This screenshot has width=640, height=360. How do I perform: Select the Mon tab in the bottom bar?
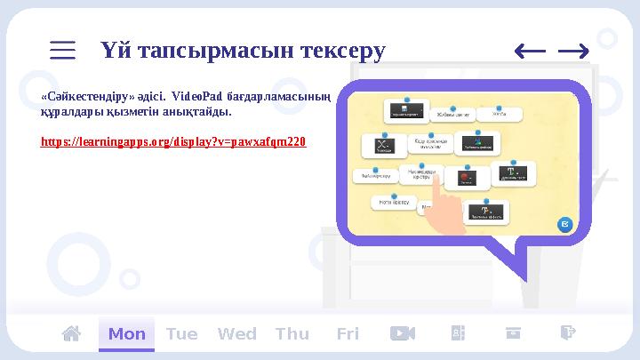[126, 334]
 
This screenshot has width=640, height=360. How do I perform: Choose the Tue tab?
[181, 334]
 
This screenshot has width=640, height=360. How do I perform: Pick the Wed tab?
[236, 334]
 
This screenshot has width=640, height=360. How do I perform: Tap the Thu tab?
[292, 334]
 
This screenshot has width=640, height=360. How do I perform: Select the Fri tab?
[348, 334]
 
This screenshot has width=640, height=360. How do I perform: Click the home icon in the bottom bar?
[71, 333]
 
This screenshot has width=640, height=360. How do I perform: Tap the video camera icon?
[403, 333]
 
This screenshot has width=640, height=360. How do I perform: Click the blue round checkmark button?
[564, 225]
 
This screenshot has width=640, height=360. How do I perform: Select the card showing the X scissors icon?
[384, 146]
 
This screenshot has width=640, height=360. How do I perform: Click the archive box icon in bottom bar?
[513, 333]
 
